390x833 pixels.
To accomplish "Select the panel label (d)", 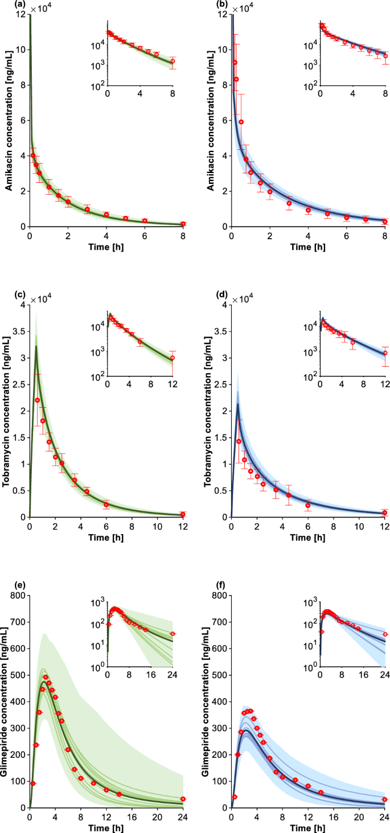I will (x=207, y=296).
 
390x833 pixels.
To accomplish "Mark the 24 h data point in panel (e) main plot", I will (x=183, y=799).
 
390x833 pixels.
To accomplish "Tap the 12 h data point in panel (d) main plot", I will (x=384, y=512).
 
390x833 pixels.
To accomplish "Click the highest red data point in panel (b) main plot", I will (x=235, y=62).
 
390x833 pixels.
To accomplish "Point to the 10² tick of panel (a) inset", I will (x=98, y=85).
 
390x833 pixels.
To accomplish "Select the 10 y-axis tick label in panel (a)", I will (x=20, y=50).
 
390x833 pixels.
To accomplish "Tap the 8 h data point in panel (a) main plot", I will (x=183, y=224).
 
